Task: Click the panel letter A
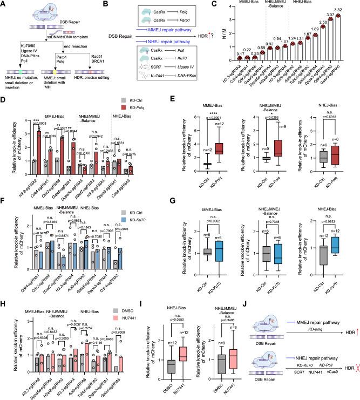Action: pos(4,4)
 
